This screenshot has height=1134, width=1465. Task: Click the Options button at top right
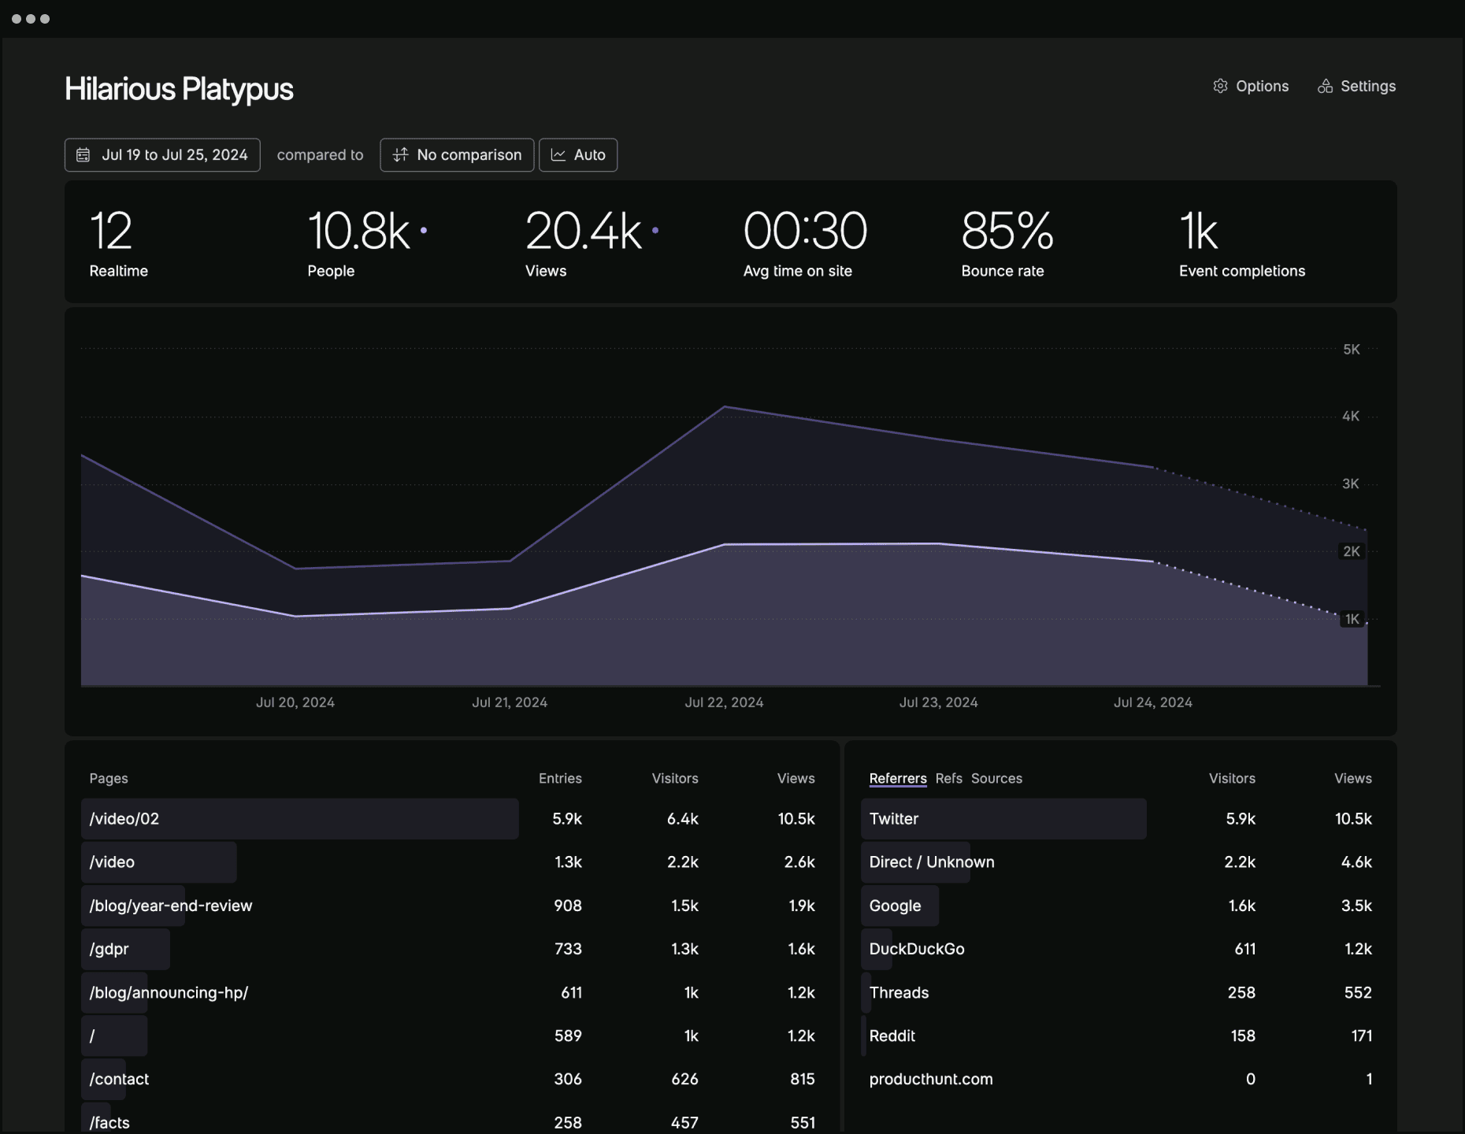pos(1251,87)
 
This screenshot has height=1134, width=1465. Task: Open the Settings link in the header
pos(1356,87)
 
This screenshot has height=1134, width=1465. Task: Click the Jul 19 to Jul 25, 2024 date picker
pos(162,155)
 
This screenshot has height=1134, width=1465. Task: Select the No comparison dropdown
pos(457,155)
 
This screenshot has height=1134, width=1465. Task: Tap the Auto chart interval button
pos(578,155)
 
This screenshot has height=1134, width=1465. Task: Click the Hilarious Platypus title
pos(179,89)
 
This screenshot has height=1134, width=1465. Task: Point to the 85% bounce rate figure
pos(1007,232)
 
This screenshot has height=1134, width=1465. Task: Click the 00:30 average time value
pos(805,232)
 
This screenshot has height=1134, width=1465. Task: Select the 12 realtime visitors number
pos(110,232)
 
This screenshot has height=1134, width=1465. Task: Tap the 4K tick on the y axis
pos(1350,417)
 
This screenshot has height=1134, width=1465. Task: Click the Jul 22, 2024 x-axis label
pos(724,702)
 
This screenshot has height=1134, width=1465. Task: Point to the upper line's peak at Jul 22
pos(725,407)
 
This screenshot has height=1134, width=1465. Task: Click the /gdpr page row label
pos(109,949)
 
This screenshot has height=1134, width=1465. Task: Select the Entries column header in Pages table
pos(560,778)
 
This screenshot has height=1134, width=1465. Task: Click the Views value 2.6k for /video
pos(799,862)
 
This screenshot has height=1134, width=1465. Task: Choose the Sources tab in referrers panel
pos(996,778)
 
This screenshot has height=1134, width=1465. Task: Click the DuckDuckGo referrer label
pos(917,949)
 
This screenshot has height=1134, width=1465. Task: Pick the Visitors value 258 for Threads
pos(1241,992)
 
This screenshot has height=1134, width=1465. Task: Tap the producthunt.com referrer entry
pos(931,1079)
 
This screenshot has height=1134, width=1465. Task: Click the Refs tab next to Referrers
pos(948,778)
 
